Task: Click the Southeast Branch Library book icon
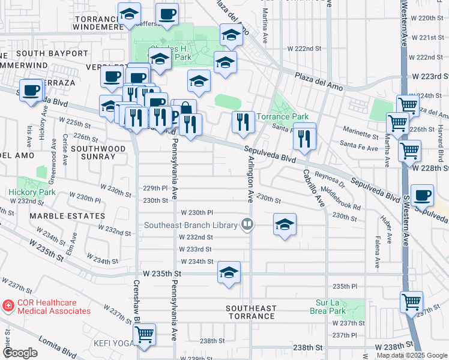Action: point(246,225)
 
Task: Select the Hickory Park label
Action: point(32,193)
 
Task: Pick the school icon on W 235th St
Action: point(229,272)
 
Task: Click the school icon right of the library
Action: point(285,224)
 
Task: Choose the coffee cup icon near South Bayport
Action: point(30,89)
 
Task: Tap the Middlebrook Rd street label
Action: point(341,198)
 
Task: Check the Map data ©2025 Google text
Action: point(412,355)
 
